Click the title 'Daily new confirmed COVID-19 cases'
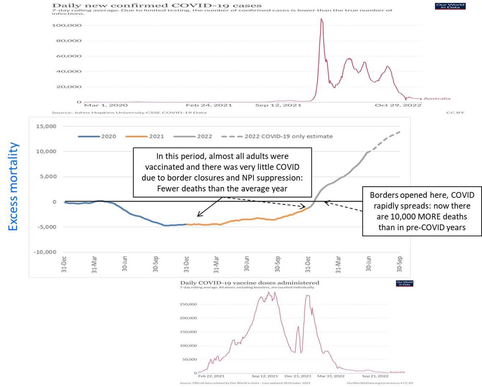click(156, 5)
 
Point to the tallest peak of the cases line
click(321, 19)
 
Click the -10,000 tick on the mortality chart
click(49, 252)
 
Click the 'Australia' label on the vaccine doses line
click(397, 372)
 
